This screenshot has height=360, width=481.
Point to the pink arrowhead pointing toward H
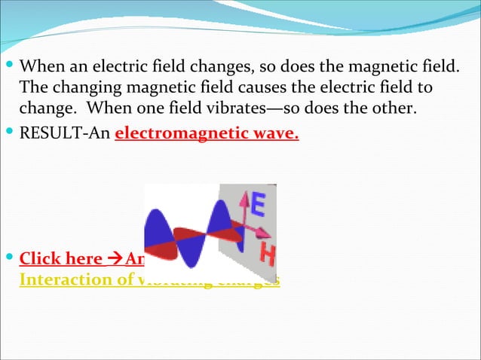point(265,233)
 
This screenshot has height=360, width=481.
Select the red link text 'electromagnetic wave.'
point(207,135)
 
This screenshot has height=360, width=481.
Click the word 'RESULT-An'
point(64,135)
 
